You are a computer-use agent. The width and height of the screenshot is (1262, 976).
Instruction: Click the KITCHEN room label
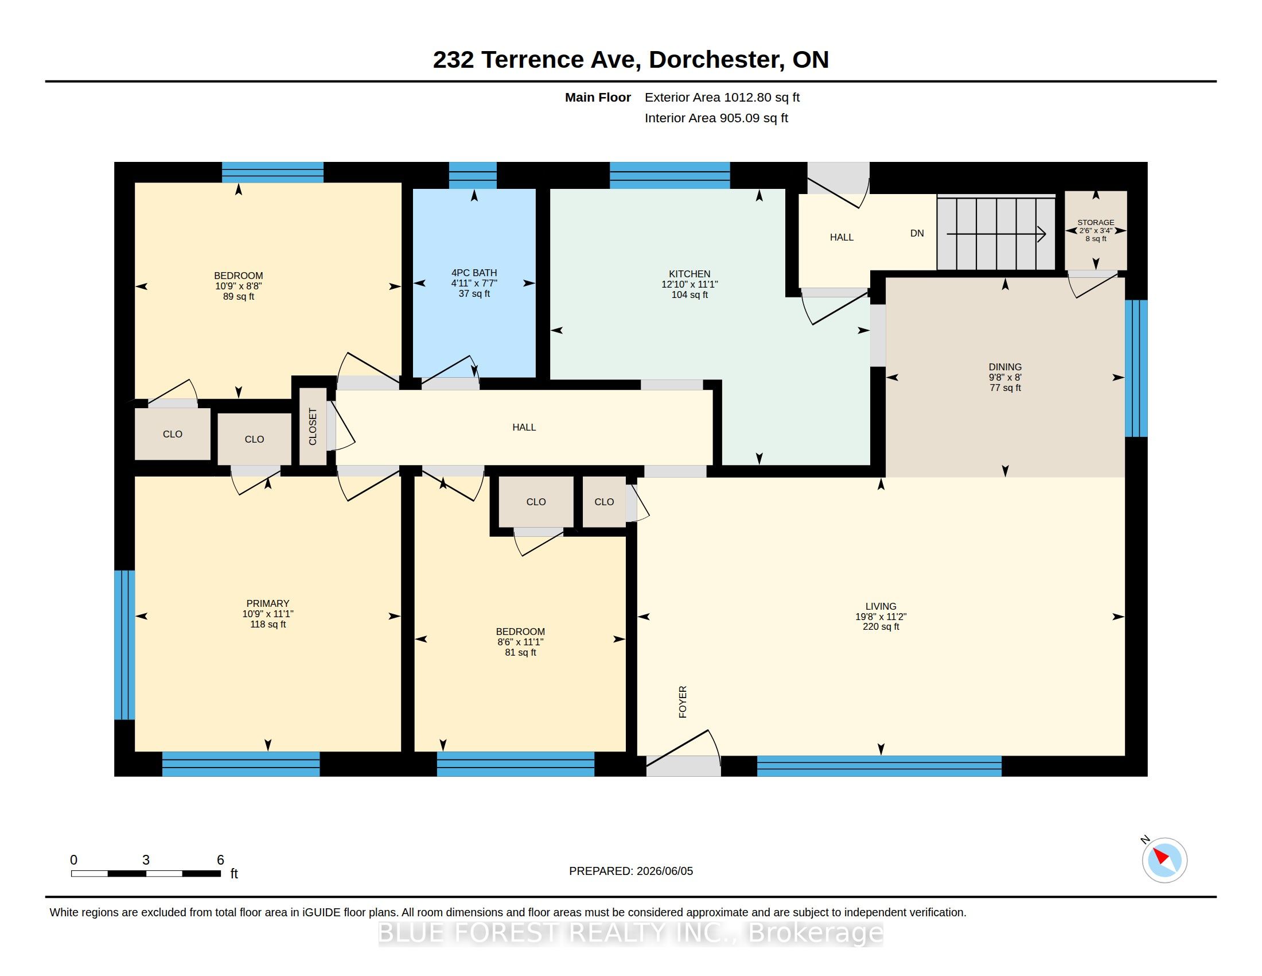[x=690, y=274]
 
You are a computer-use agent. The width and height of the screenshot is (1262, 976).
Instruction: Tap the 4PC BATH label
[x=474, y=273]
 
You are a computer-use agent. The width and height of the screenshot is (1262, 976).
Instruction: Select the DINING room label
[x=1005, y=367]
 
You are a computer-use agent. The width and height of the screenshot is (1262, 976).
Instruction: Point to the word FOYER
[x=683, y=702]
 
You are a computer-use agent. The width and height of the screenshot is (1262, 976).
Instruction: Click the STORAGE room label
[x=1096, y=223]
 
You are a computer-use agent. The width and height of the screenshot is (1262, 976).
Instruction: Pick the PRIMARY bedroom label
[x=267, y=603]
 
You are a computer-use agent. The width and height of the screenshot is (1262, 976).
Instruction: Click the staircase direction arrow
[x=996, y=234]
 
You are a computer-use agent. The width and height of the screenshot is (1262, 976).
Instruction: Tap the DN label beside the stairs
[x=917, y=234]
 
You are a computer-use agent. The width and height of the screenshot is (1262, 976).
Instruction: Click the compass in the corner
[x=1164, y=860]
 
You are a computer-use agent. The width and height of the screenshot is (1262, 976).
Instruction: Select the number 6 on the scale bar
[x=220, y=860]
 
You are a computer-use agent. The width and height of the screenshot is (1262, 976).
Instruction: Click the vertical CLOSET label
[x=313, y=427]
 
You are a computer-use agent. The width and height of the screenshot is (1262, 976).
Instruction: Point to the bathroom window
[x=473, y=175]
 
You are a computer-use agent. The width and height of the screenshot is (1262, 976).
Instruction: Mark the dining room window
[x=1136, y=369]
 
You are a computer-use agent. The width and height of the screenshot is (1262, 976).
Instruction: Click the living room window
[x=879, y=765]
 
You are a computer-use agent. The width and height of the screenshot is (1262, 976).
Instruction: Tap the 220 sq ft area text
[x=881, y=627]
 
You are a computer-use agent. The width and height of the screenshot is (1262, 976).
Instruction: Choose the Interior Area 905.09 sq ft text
[x=716, y=118]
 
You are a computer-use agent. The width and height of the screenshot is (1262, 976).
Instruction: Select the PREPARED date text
[x=631, y=872]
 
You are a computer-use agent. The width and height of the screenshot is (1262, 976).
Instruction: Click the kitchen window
[x=669, y=175]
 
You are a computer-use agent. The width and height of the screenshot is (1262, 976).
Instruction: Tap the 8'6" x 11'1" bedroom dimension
[x=520, y=642]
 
